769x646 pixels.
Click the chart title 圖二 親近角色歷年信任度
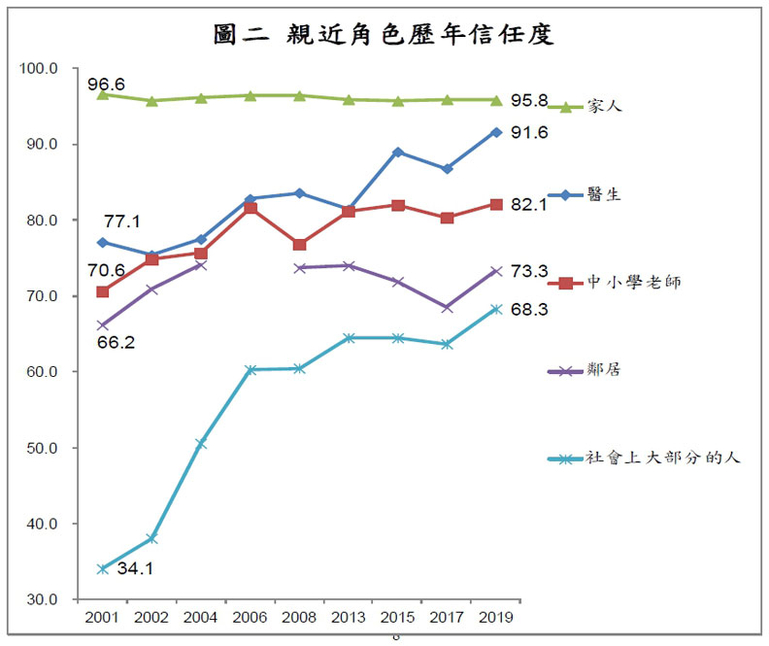(384, 35)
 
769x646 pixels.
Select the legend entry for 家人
(603, 106)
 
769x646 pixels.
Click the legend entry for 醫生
(603, 194)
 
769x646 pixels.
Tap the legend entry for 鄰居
(603, 370)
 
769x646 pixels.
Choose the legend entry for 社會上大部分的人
(661, 458)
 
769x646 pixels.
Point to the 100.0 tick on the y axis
(40, 69)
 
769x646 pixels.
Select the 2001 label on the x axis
(102, 617)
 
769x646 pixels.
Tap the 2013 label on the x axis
(348, 617)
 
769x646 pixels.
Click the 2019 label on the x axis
(496, 617)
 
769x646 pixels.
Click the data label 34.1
(137, 568)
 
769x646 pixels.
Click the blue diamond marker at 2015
(397, 152)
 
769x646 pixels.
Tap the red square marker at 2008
(299, 245)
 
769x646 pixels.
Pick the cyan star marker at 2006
(250, 370)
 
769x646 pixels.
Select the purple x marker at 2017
(447, 307)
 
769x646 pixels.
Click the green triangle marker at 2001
(102, 94)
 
